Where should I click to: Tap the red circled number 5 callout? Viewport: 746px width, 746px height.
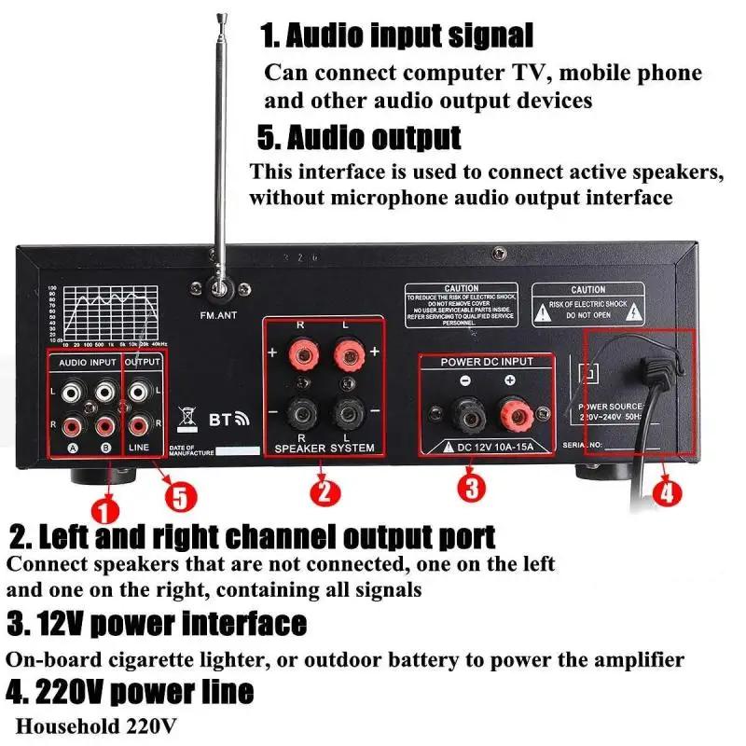click(180, 495)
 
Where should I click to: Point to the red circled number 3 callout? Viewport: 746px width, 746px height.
click(471, 487)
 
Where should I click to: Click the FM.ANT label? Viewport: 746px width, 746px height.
click(218, 315)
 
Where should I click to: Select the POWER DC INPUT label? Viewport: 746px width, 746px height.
click(486, 362)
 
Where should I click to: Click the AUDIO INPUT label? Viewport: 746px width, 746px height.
click(86, 361)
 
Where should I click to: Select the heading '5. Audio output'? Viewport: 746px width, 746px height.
click(359, 137)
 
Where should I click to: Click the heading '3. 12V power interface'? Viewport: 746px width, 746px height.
click(157, 622)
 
